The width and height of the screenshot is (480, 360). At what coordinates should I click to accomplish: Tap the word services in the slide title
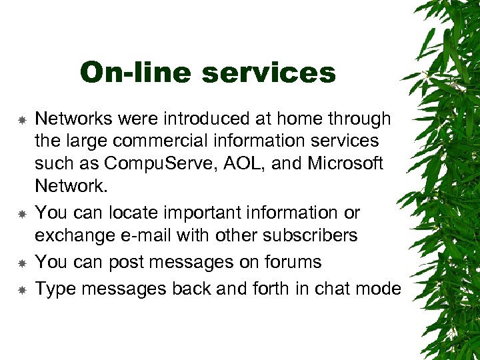coord(269,72)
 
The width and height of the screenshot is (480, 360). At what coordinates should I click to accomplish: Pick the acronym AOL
coord(247,163)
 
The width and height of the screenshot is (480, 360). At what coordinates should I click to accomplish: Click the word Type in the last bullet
coord(52,289)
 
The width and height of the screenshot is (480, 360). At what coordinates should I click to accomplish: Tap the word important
coord(203,213)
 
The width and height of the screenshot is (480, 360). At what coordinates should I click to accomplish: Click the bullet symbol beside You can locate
coord(22,214)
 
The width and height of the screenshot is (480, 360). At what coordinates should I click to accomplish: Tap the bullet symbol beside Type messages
coord(22,290)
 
